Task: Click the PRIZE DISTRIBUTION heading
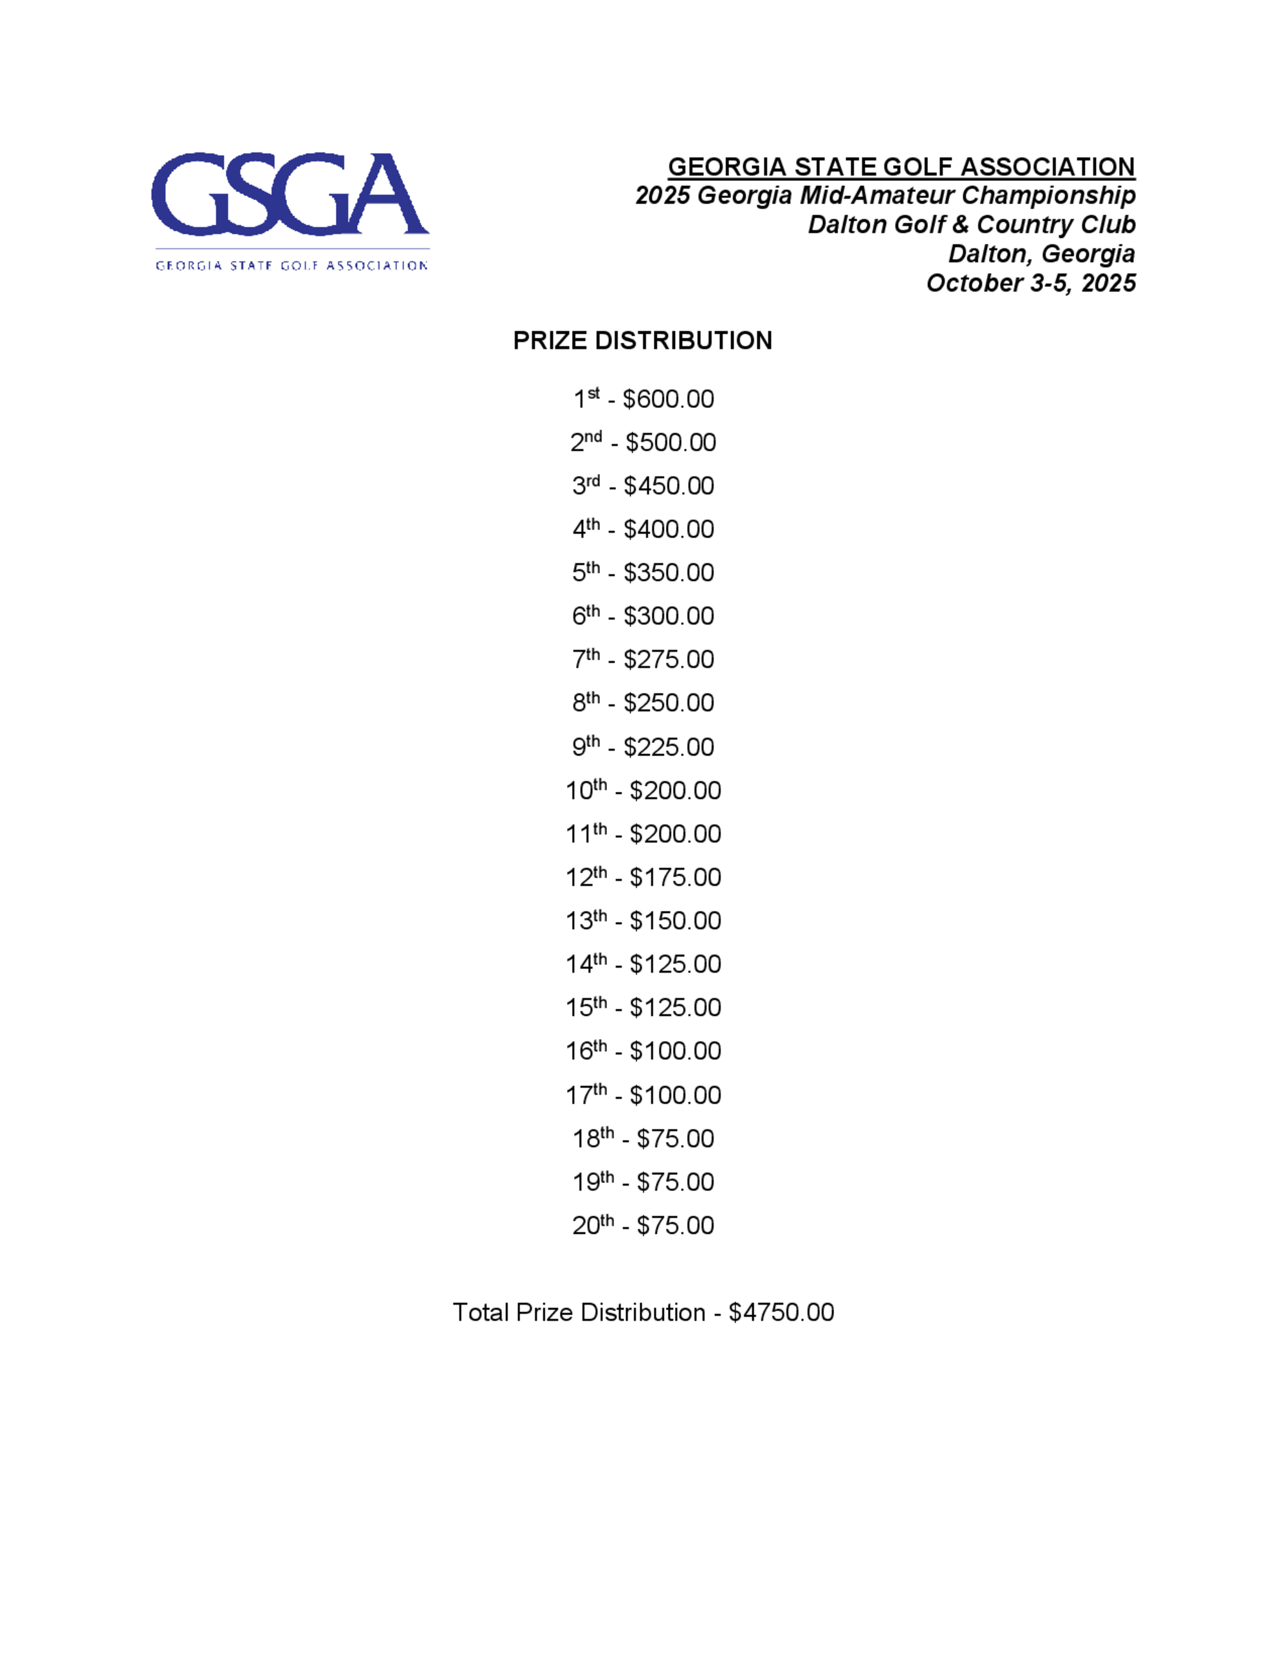643,341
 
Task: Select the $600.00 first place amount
668,400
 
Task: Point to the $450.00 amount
669,486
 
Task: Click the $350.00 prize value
669,573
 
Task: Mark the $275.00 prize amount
669,660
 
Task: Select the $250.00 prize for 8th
669,704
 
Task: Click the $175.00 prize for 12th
676,878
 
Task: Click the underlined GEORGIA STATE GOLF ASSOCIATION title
901,167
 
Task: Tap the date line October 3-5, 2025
1031,284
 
